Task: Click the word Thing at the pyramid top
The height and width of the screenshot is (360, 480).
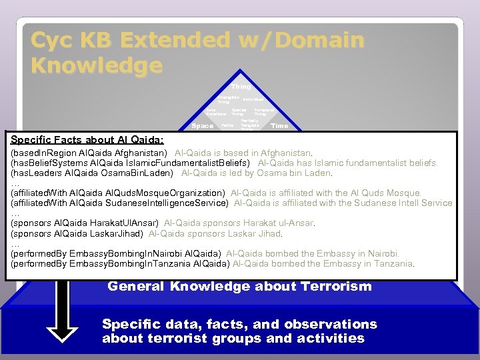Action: [241, 87]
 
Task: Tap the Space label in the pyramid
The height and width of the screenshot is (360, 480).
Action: [202, 125]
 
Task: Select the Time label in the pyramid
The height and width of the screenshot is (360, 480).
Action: [279, 125]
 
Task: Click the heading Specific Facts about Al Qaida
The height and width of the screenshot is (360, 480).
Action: [87, 139]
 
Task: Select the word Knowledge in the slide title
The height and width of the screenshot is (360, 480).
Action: [97, 65]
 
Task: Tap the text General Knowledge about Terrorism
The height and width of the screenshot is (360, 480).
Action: [239, 287]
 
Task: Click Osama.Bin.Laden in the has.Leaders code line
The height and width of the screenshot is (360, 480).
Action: [139, 173]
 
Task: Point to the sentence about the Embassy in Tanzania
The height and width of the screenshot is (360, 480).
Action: [323, 263]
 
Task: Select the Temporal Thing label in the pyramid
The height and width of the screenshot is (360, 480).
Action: [264, 111]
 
